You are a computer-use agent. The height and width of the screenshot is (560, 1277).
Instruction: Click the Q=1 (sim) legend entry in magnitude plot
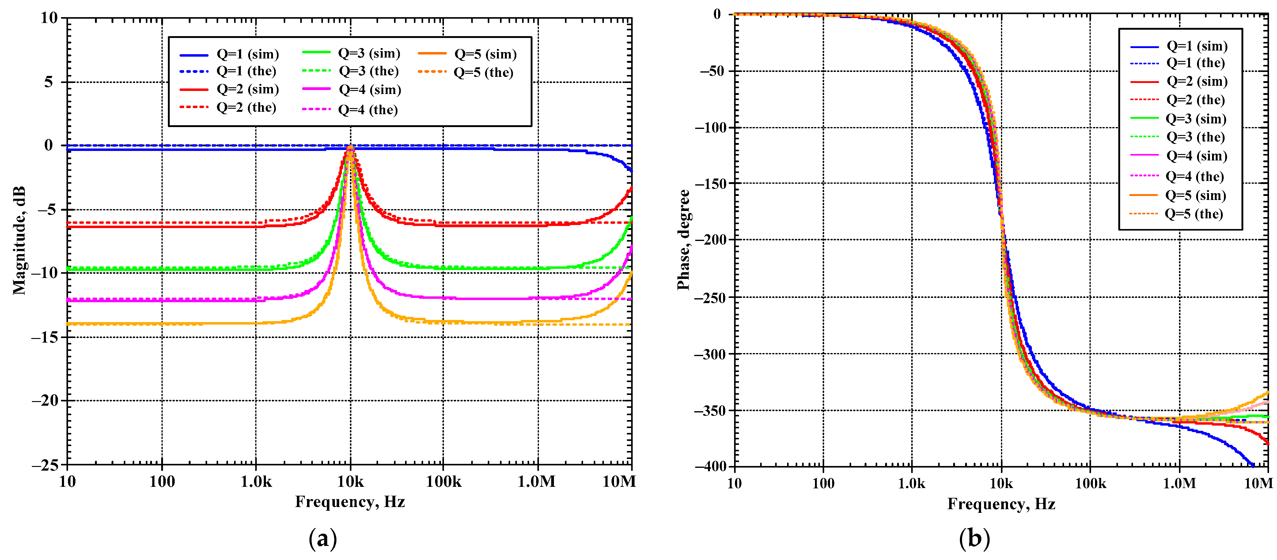[229, 54]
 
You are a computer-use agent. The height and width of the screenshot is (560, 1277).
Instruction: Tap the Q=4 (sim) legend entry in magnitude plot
[351, 90]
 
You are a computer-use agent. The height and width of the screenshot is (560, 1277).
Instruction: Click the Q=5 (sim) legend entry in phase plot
[1177, 195]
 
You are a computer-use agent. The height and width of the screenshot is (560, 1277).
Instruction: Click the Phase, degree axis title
[683, 239]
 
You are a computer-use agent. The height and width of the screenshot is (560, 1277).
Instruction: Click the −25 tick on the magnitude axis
[45, 465]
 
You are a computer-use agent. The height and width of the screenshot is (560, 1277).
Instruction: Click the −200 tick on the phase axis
[710, 240]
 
